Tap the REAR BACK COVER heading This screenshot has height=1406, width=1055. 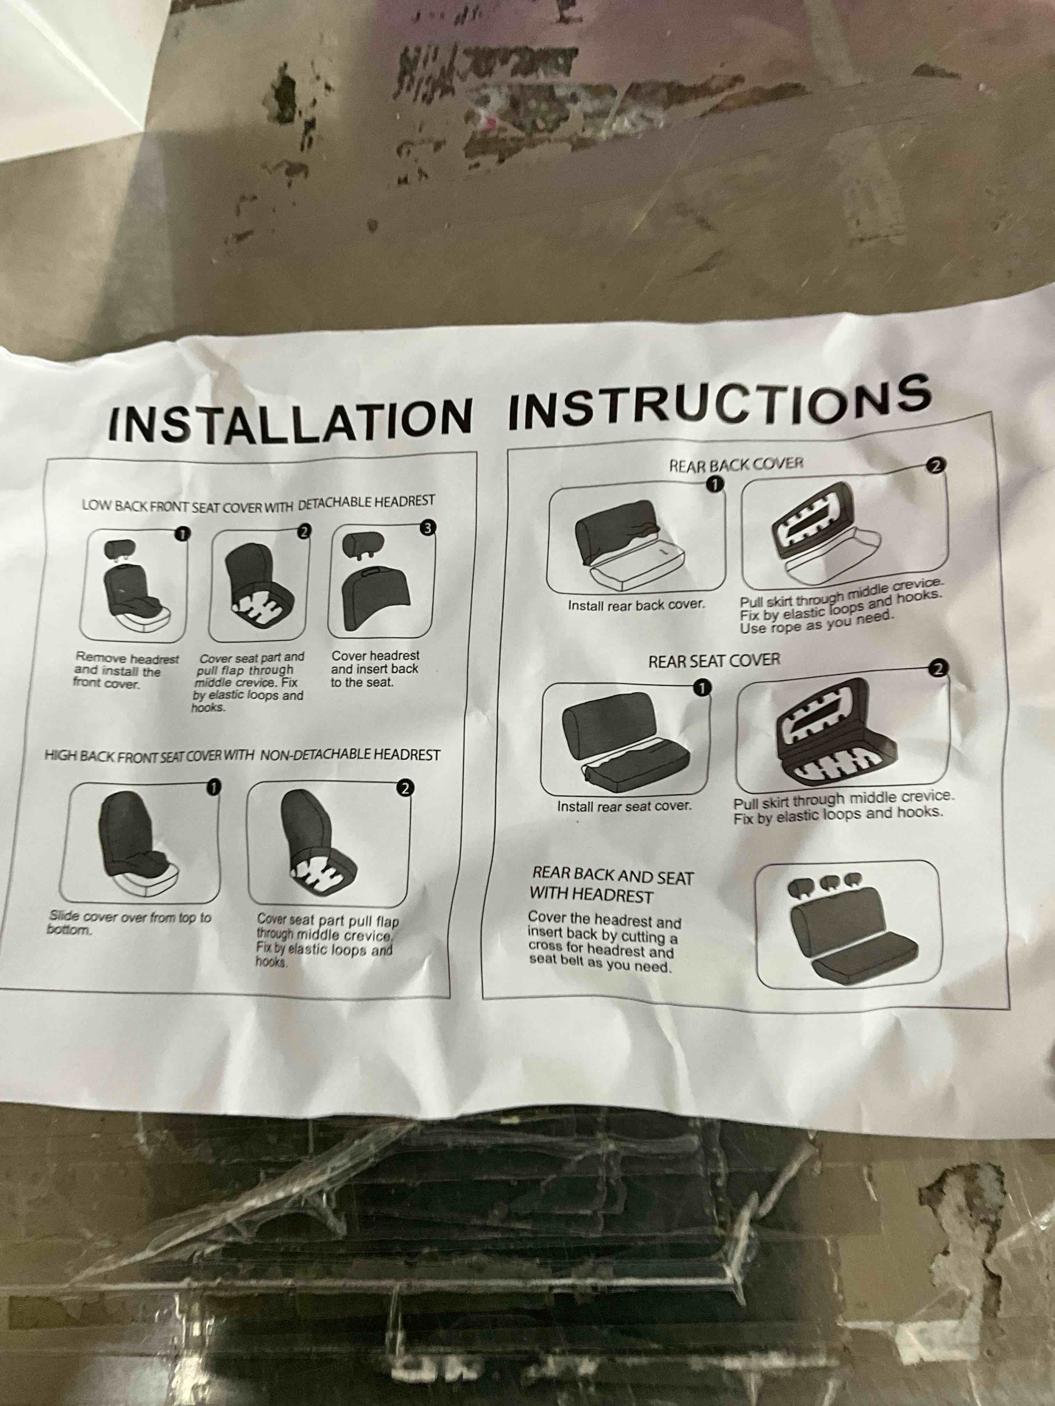click(736, 464)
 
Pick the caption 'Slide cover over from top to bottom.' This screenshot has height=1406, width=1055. click(129, 923)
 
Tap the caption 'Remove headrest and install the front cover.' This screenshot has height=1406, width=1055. click(126, 671)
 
